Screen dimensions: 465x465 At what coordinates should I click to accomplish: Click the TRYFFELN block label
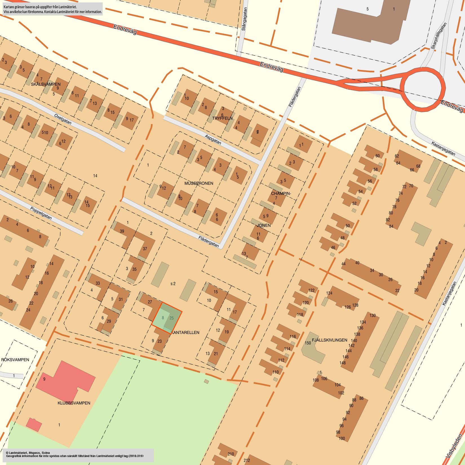pos(222,118)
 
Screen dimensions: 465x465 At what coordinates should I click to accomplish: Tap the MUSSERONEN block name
pos(199,183)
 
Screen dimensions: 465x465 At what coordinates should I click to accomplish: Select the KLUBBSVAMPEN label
pos(74,403)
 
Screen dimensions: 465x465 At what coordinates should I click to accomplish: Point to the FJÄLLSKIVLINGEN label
pos(329,340)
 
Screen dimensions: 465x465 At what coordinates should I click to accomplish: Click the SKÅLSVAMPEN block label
pos(46,84)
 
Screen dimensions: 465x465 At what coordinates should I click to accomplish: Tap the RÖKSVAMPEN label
pos(15,360)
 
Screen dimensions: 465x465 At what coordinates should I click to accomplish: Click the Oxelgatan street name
pos(63,119)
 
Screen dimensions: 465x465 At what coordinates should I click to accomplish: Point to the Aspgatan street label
pos(213,139)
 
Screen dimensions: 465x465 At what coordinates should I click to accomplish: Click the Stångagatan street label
pos(244,23)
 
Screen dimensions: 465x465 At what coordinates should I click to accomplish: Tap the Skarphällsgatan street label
pos(439,36)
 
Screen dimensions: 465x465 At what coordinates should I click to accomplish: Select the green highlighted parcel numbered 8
pos(163,318)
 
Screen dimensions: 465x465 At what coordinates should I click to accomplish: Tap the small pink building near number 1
pos(34,424)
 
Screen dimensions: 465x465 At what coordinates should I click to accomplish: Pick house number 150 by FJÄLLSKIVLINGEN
pos(308,343)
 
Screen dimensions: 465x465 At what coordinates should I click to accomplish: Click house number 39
pos(122,231)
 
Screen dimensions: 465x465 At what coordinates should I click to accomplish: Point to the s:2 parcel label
pos(173,284)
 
